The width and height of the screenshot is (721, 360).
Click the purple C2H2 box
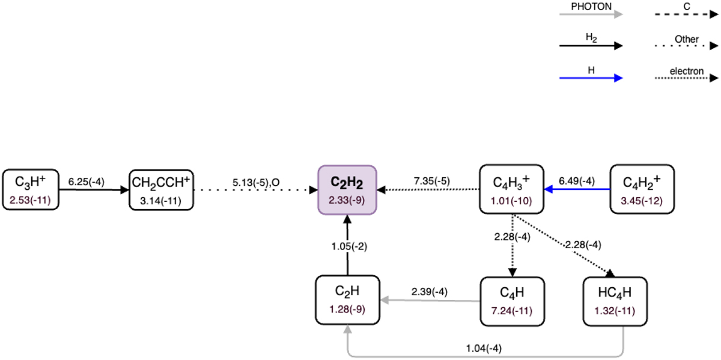347,189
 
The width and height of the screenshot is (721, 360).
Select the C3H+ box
31,189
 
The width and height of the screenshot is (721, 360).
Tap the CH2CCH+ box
161,189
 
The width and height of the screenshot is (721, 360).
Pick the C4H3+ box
511,189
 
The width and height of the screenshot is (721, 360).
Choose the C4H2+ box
642,189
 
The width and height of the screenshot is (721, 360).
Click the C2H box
347,299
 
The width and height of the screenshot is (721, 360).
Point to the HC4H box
615,299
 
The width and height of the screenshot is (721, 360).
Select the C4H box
511,299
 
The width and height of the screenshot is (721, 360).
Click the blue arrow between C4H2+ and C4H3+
577,190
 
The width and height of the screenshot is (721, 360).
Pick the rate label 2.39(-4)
430,291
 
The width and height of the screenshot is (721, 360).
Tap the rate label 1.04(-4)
484,347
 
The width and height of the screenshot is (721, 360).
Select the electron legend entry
687,71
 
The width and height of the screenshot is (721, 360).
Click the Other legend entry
687,39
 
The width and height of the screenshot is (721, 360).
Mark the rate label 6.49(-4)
577,180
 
